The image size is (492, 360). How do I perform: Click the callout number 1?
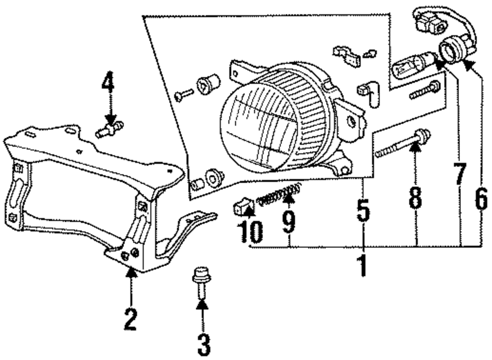(362, 264)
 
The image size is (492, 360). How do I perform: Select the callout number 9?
(289, 221)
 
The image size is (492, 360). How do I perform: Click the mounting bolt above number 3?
(201, 282)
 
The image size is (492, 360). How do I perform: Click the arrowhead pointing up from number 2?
(130, 272)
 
